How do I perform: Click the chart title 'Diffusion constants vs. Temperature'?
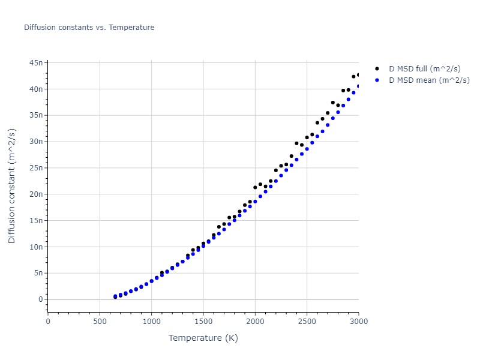[89, 28]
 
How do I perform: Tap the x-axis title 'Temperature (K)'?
[203, 338]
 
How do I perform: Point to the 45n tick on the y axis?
[36, 62]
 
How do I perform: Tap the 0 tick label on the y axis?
[41, 299]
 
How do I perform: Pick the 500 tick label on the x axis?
[100, 321]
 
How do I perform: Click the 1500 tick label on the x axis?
[203, 321]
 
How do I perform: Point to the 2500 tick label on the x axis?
[307, 321]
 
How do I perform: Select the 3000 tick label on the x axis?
[358, 321]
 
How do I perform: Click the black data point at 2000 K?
[255, 187]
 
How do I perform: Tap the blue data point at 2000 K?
[255, 201]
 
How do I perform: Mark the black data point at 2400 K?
[296, 143]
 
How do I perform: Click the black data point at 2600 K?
[317, 122]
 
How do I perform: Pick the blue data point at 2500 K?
[307, 149]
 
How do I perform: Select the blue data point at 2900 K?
[348, 99]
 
